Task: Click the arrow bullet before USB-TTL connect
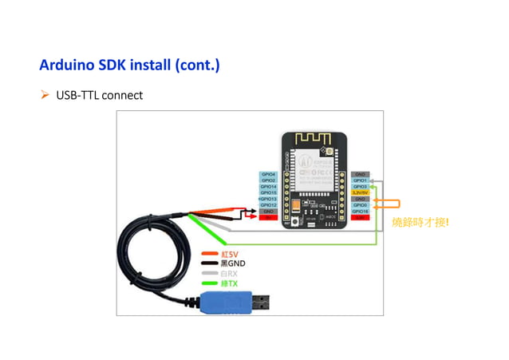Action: pos(45,96)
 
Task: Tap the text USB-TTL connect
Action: pos(100,96)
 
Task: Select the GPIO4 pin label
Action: pos(269,174)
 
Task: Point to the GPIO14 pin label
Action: pos(269,187)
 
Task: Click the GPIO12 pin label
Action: pos(269,205)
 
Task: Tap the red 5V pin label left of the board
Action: pos(269,217)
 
